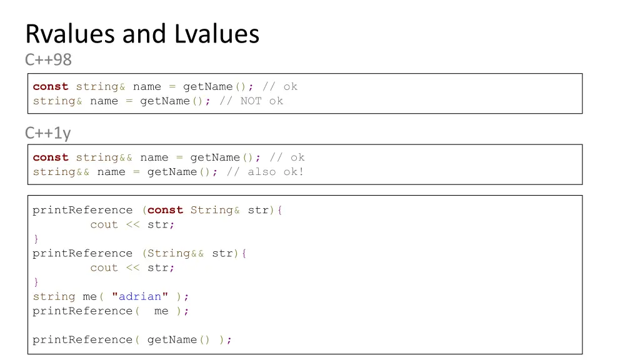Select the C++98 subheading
click(48, 60)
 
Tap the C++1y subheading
click(47, 133)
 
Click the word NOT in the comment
click(251, 101)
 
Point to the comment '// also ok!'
click(265, 172)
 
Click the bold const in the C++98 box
click(51, 86)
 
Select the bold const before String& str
click(165, 210)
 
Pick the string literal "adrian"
click(140, 296)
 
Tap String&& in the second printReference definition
click(176, 253)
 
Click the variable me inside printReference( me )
click(161, 311)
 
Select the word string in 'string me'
click(54, 296)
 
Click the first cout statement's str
click(161, 224)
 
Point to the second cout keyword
click(104, 267)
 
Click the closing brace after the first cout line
click(36, 239)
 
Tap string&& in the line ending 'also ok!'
click(61, 172)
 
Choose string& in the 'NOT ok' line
click(57, 101)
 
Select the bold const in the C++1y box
click(51, 157)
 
